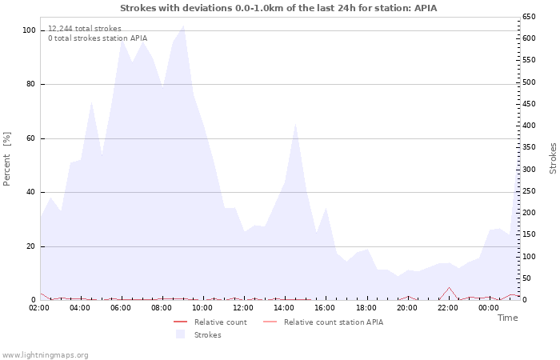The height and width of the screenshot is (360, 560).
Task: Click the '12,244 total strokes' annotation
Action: pyautogui.click(x=85, y=28)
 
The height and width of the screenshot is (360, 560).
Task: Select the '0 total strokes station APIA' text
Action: pyautogui.click(x=98, y=38)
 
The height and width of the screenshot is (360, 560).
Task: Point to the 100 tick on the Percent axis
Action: pyautogui.click(x=29, y=30)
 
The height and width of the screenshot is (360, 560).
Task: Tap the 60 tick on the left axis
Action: pyautogui.click(x=31, y=138)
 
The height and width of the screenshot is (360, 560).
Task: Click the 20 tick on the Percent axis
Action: pyautogui.click(x=31, y=246)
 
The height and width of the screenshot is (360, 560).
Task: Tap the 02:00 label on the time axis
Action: pyautogui.click(x=40, y=308)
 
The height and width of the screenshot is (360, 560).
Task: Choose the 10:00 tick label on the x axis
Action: pyautogui.click(x=203, y=308)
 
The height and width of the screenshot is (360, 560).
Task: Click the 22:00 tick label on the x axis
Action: pyautogui.click(x=448, y=308)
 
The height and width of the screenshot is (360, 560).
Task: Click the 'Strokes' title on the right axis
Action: pyautogui.click(x=553, y=158)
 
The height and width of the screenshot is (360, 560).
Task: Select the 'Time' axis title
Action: pyautogui.click(x=507, y=318)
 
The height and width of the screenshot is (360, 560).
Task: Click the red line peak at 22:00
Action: pyautogui.click(x=449, y=287)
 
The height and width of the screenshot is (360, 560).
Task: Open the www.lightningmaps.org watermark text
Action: pyautogui.click(x=46, y=354)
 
